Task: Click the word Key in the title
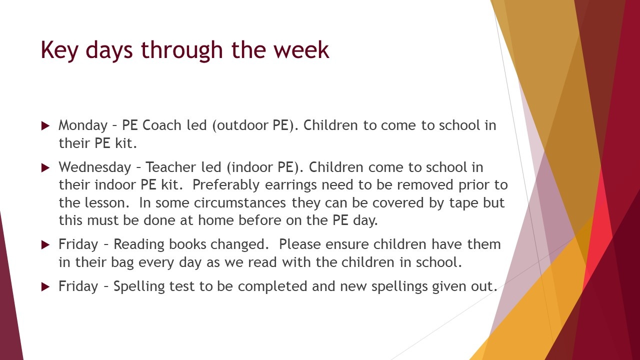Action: pos(59,50)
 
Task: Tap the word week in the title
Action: pos(301,49)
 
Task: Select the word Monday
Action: pos(83,125)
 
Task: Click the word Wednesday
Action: pos(95,167)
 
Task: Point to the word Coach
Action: pos(161,125)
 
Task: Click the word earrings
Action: pos(291,185)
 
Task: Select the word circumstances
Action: pos(240,203)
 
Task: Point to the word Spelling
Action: pos(139,287)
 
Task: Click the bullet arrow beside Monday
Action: pos(45,125)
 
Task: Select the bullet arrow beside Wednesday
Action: pos(45,167)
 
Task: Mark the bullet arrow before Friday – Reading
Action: pos(45,245)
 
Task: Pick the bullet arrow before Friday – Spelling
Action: pos(45,286)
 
